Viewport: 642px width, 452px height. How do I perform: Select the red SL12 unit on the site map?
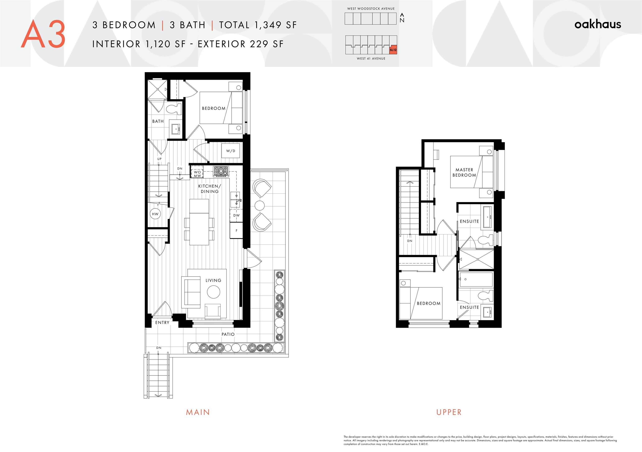tap(393, 50)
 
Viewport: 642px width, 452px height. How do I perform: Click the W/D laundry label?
tap(231, 151)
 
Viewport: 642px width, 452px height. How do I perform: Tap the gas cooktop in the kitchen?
tap(221, 171)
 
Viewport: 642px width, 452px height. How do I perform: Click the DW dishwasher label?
tap(237, 215)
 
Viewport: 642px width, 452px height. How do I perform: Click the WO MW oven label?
tap(197, 174)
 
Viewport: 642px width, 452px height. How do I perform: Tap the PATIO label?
tap(228, 334)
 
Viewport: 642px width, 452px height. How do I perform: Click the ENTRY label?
tap(162, 322)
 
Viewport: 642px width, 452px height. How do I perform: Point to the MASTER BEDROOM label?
tap(464, 172)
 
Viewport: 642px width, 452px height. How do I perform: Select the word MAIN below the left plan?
tap(198, 412)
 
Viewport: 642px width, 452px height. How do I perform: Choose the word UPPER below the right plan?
tap(449, 412)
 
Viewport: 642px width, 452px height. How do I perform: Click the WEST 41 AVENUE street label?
tap(371, 59)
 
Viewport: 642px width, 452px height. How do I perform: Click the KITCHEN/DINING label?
tap(210, 189)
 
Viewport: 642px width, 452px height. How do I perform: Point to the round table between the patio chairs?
tap(260, 205)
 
